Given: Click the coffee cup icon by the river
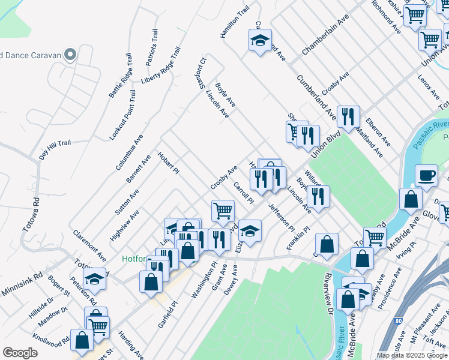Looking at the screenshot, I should pyautogui.click(x=426, y=175).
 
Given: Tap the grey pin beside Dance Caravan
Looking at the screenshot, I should pyautogui.click(x=70, y=55).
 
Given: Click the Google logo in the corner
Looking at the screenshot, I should pyautogui.click(x=20, y=353).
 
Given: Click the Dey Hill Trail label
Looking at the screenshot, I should pyautogui.click(x=55, y=149).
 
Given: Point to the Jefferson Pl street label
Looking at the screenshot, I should pyautogui.click(x=281, y=217).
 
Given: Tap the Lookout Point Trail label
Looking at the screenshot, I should pyautogui.click(x=122, y=115).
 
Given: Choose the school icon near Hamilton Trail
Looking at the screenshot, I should pyautogui.click(x=260, y=41).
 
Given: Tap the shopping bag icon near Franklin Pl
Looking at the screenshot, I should pyautogui.click(x=326, y=244).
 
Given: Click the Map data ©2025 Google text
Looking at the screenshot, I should pyautogui.click(x=411, y=355).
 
